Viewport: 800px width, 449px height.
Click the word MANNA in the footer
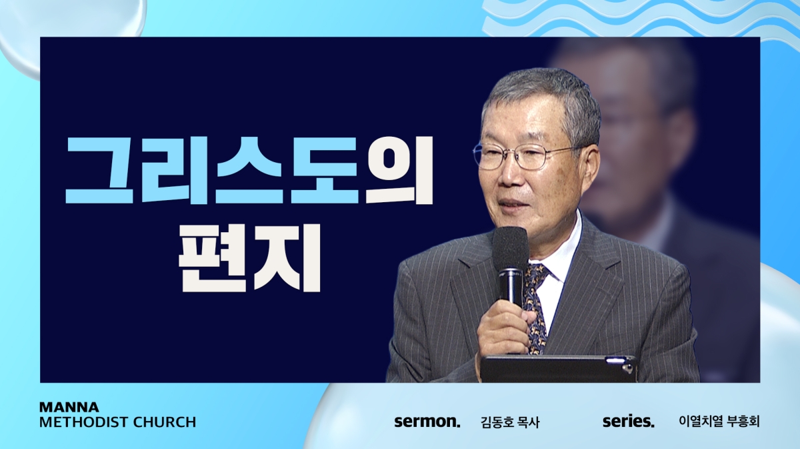(69, 407)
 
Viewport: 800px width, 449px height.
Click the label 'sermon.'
(427, 422)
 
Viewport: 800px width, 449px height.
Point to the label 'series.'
(629, 422)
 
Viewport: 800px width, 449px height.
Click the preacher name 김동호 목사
(510, 422)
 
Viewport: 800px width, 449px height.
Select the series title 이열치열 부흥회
(719, 422)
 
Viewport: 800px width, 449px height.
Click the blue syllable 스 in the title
(250, 169)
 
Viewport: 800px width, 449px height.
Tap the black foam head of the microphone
(510, 248)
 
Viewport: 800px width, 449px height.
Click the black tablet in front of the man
(558, 368)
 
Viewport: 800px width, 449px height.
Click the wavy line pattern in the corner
(639, 18)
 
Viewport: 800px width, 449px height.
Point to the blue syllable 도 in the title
(324, 169)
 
